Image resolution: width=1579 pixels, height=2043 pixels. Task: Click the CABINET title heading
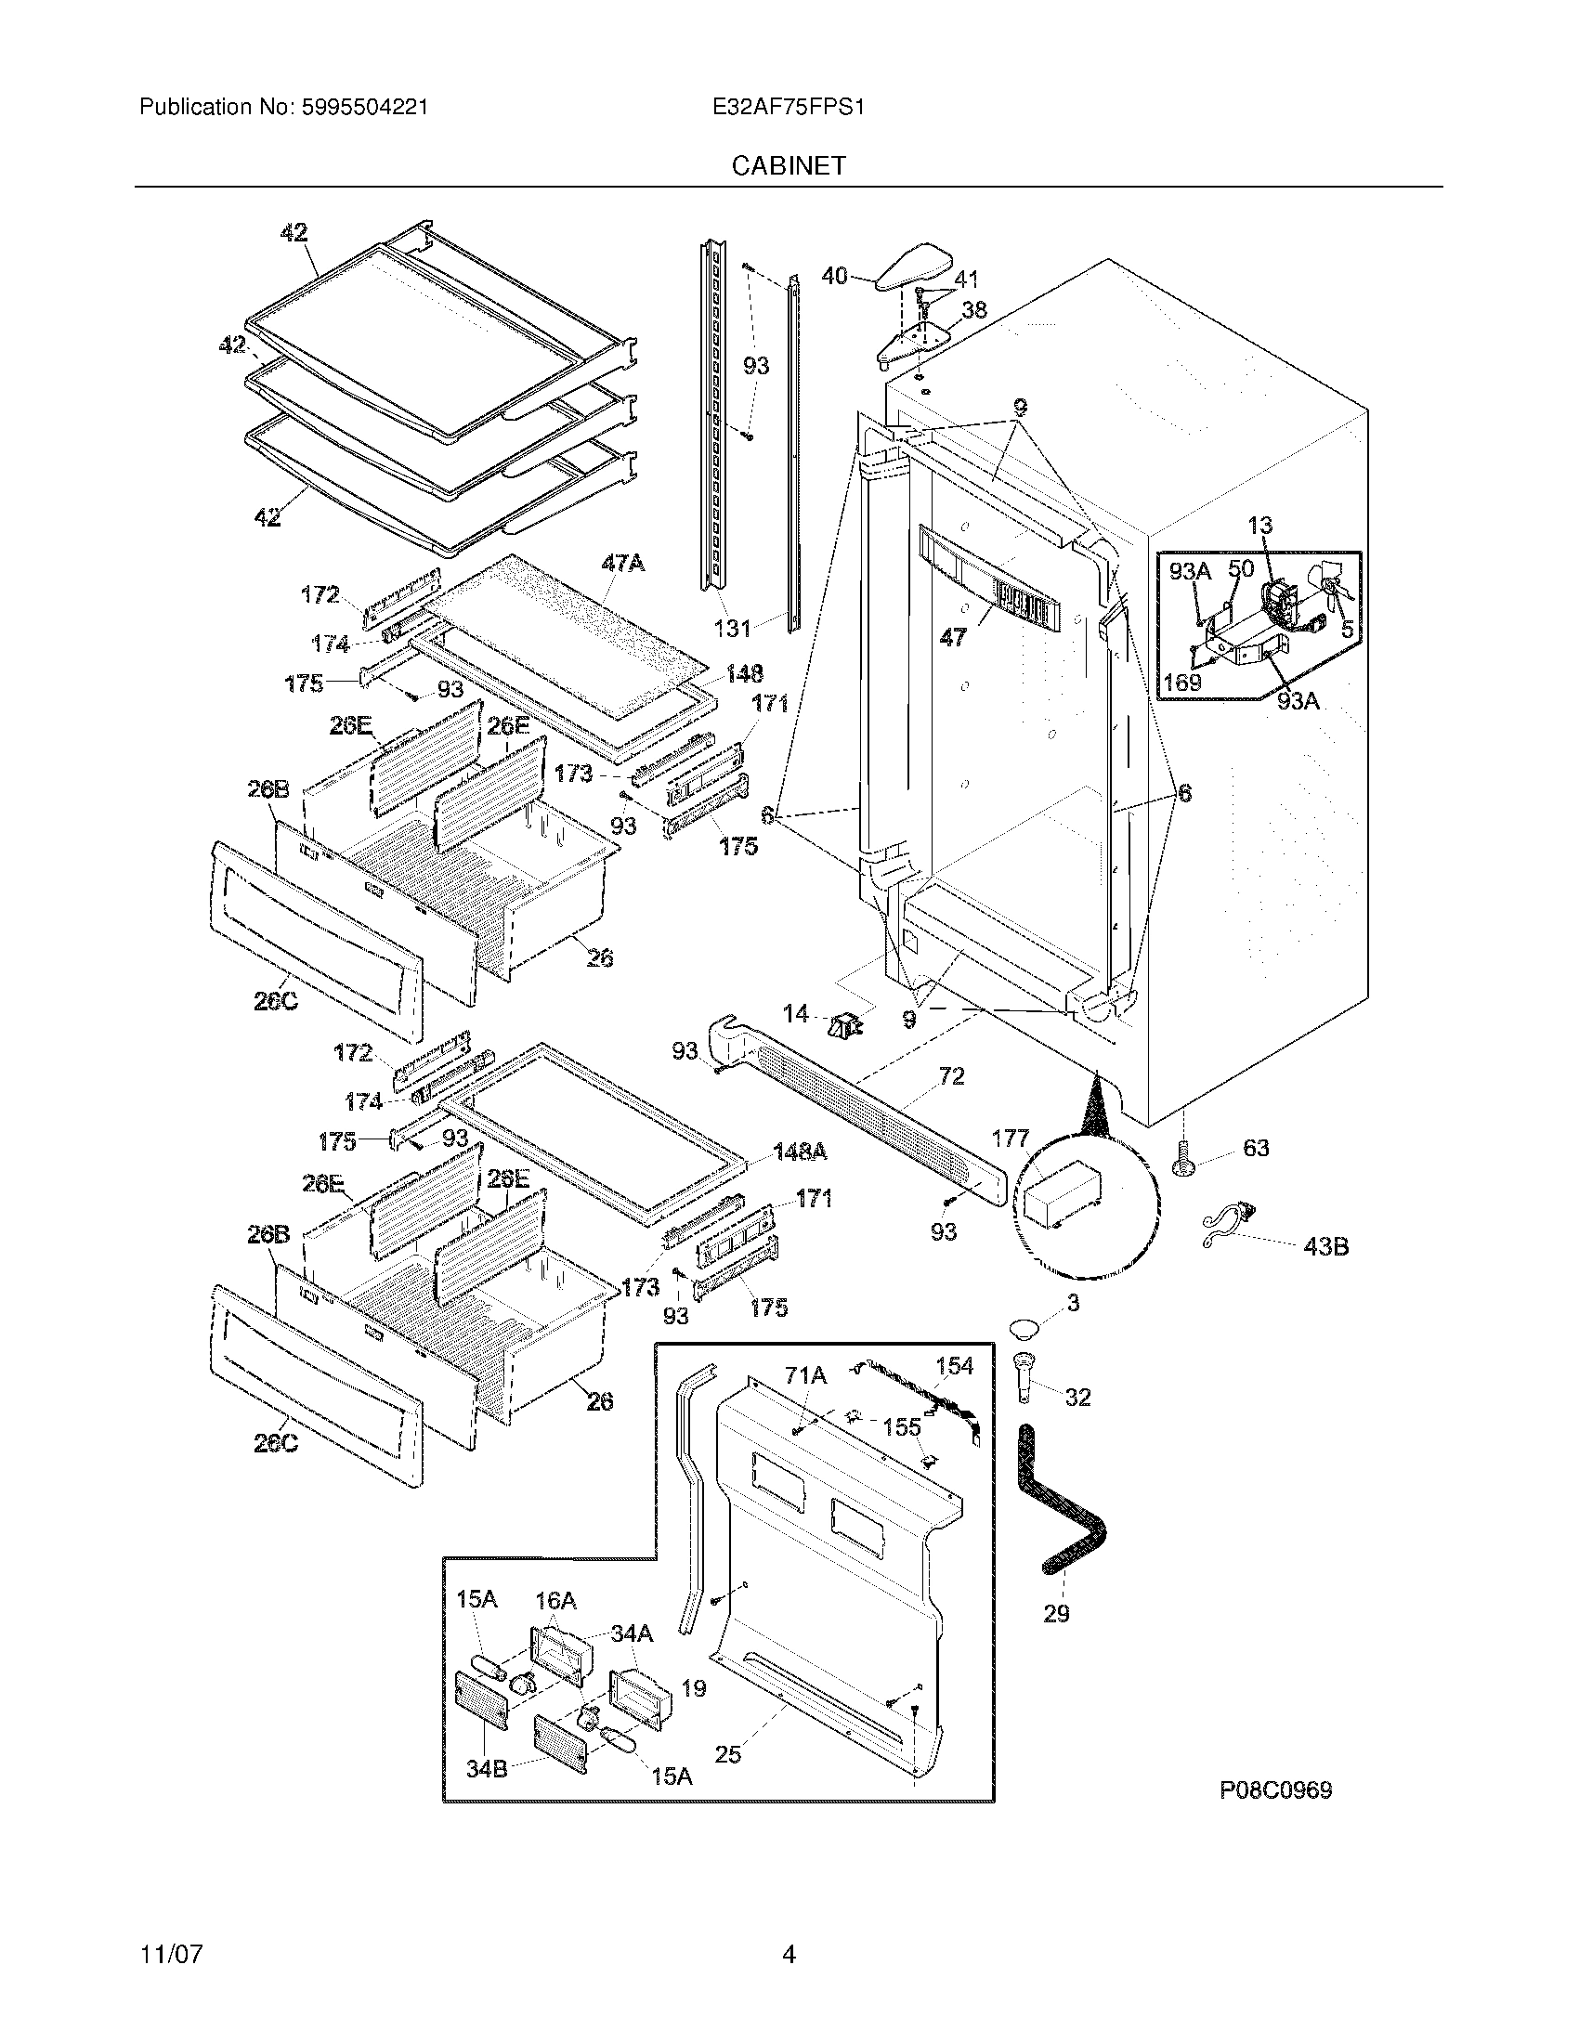(789, 165)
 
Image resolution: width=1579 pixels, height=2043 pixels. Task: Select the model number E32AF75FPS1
(788, 107)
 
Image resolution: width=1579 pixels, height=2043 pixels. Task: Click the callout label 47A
(622, 563)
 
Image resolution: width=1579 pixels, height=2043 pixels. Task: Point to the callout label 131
(733, 628)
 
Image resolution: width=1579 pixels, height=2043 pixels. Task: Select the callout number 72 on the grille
(950, 1075)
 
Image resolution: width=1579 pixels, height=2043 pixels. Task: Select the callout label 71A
(805, 1374)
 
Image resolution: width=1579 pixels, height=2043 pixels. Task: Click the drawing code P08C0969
(1275, 1790)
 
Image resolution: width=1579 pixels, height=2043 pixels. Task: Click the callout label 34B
(487, 1769)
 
